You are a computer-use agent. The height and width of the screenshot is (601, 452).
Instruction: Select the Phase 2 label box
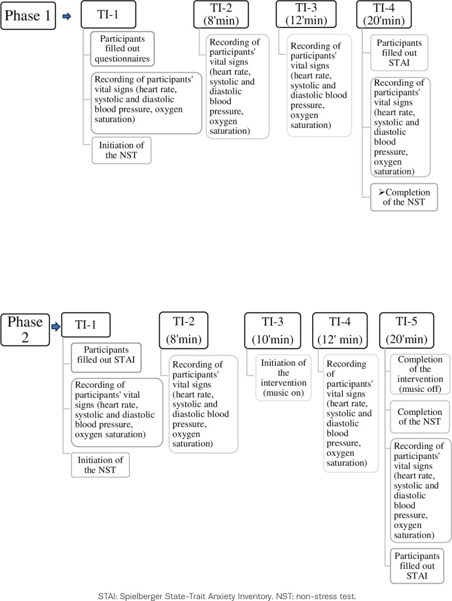[26, 329]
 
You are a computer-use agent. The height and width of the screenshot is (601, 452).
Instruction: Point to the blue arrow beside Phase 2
[56, 327]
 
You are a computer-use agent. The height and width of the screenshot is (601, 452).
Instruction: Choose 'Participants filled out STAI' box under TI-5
[418, 565]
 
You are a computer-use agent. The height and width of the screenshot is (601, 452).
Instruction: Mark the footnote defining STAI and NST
[225, 593]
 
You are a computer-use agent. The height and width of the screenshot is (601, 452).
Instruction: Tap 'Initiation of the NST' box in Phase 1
[121, 150]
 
